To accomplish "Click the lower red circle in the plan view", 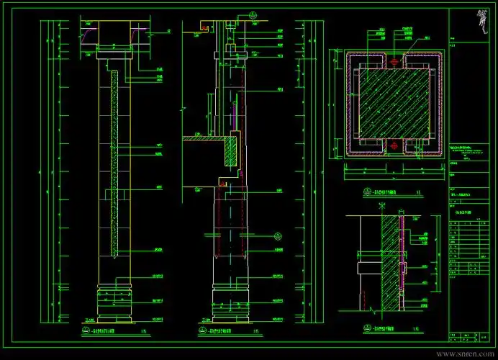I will tap(393, 144).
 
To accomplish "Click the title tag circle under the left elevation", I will tap(76, 331).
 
